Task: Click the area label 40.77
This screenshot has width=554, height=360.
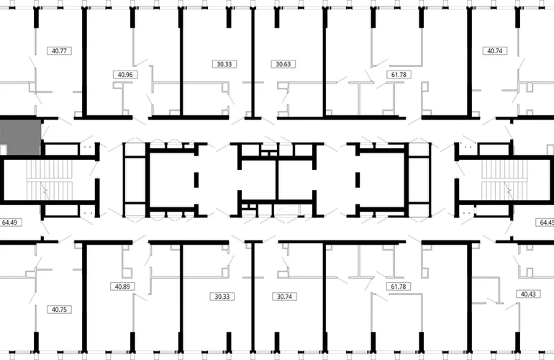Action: point(59,51)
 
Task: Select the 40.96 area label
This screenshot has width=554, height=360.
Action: point(125,75)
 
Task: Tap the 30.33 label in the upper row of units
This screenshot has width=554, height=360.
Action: point(224,64)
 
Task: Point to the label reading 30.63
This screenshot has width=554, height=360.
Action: point(283,64)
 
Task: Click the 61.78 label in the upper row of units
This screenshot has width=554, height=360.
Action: point(399,75)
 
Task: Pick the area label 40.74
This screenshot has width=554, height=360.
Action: point(495,51)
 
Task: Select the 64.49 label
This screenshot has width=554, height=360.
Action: point(10,222)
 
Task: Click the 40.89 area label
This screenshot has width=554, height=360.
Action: point(122,287)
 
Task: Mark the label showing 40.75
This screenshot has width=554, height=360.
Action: point(59,310)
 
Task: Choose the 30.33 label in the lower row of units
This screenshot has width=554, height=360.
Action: point(222,297)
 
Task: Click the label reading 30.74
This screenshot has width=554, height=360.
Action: point(284,297)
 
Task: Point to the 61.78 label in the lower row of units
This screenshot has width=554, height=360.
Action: point(399,287)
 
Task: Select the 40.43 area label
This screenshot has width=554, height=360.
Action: point(528,294)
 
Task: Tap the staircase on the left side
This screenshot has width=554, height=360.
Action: point(50,180)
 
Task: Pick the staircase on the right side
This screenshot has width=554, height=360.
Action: point(504,180)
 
